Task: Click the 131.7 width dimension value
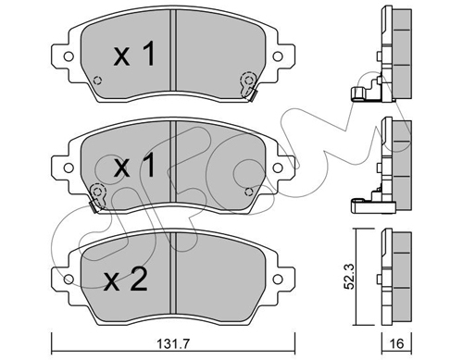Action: pyautogui.click(x=173, y=343)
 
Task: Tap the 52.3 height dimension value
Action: pyautogui.click(x=349, y=277)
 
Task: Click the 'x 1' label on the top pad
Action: pyautogui.click(x=134, y=55)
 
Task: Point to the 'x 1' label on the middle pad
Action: pyautogui.click(x=134, y=166)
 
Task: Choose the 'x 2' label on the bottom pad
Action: pyautogui.click(x=125, y=279)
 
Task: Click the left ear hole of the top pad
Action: pyautogui.click(x=69, y=56)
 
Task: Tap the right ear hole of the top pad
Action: pyautogui.click(x=278, y=56)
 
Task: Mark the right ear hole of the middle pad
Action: pyautogui.click(x=278, y=168)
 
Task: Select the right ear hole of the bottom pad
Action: pyautogui.click(x=278, y=279)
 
